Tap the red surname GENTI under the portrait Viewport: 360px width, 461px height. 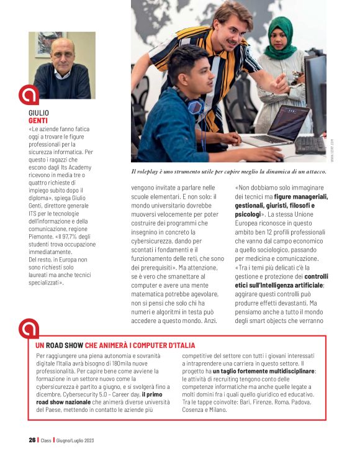click(x=38, y=121)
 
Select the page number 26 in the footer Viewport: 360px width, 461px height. click(x=32, y=440)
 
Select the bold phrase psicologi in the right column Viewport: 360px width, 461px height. click(x=248, y=214)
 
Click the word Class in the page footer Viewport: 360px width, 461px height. click(x=46, y=440)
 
